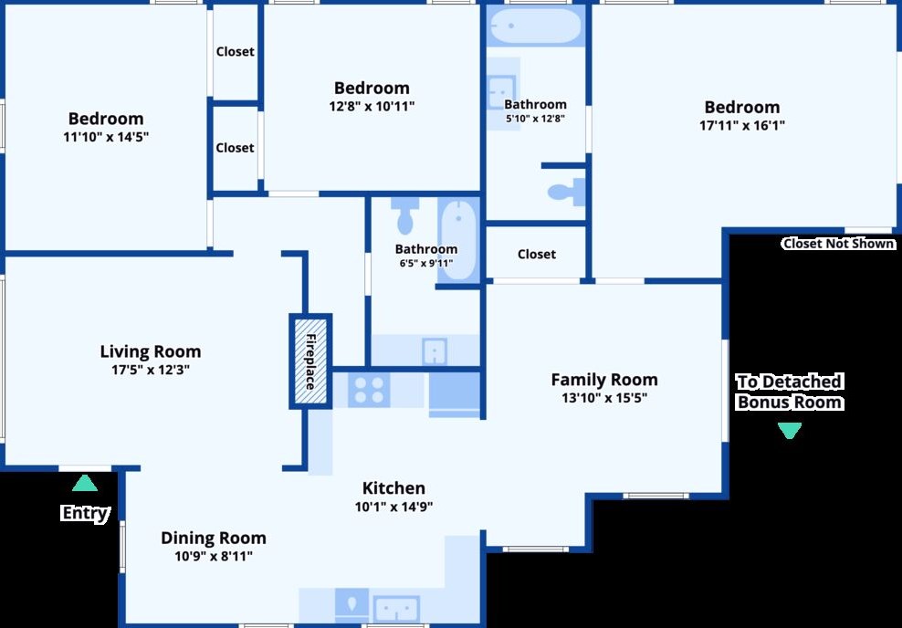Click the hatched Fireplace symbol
point(310,361)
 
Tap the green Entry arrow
point(85,483)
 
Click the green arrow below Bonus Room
point(789,431)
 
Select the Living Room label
point(150,351)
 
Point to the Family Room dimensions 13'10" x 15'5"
point(604,397)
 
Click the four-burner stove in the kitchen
point(369,390)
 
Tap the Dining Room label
point(214,539)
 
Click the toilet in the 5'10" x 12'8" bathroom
point(566,192)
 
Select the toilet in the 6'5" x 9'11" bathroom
point(405,216)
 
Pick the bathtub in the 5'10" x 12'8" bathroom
point(535,26)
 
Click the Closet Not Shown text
point(839,244)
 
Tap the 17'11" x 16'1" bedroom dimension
point(742,125)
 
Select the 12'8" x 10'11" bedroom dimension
point(372,107)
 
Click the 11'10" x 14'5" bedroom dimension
point(106,137)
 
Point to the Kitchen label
point(393,488)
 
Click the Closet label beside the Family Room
point(536,254)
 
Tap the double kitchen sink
point(396,609)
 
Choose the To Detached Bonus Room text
point(790,392)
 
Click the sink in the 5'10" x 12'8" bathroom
point(501,92)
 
